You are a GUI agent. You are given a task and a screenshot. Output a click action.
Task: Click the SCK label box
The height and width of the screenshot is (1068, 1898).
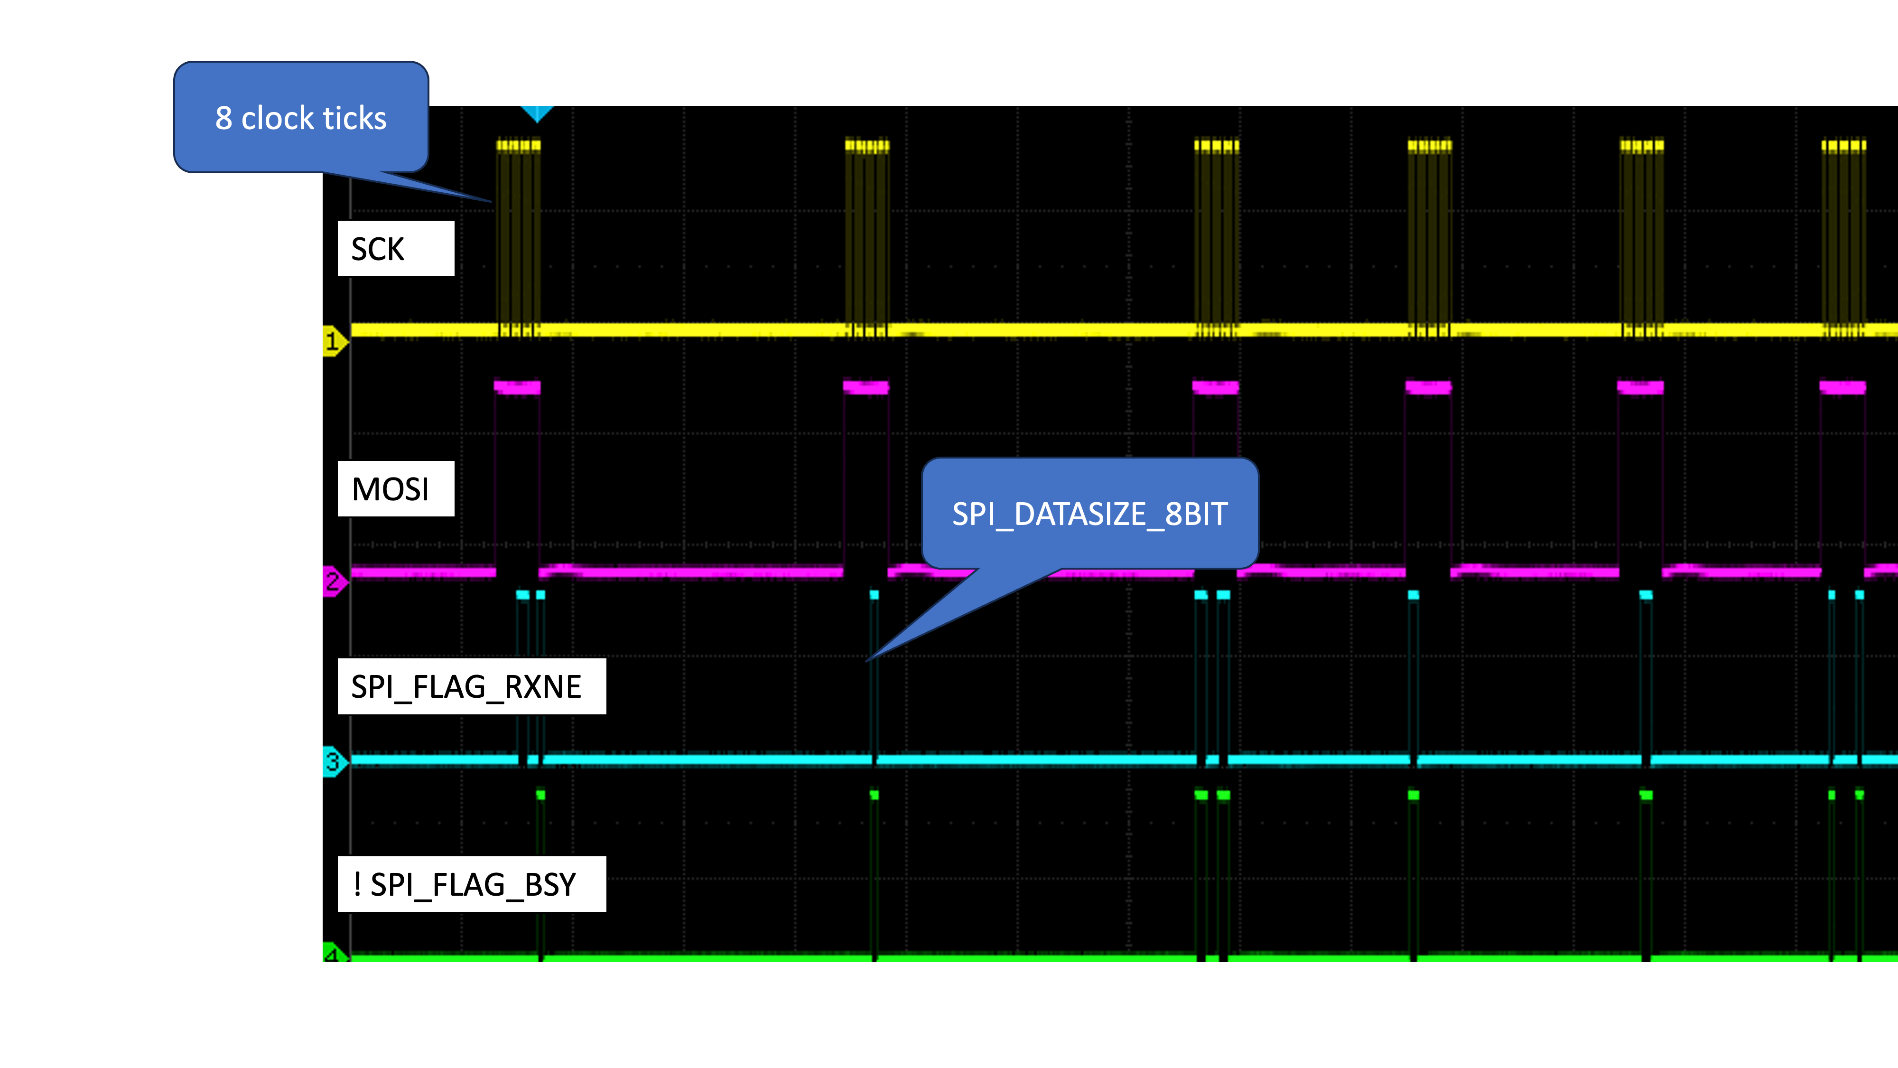coord(396,248)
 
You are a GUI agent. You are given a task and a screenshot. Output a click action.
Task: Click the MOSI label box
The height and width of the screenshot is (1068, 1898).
coord(396,489)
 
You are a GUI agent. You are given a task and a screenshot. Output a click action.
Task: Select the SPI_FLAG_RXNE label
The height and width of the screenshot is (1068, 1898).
coord(472,686)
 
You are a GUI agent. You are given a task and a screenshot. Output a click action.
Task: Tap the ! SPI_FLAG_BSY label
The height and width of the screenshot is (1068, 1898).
coord(472,884)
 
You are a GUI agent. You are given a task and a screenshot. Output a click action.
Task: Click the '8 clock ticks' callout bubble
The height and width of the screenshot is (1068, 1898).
coord(301,118)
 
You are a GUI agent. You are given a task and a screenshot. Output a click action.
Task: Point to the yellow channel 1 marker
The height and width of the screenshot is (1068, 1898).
coord(334,341)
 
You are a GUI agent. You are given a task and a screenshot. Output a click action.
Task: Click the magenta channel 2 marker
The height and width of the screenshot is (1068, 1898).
coord(334,581)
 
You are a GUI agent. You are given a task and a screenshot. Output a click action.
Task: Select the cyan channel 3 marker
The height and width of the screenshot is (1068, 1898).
coord(334,761)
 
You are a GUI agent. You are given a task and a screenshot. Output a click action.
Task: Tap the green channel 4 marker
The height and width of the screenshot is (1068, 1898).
coord(332,955)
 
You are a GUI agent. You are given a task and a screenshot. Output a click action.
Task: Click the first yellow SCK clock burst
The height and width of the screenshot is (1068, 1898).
coord(519,236)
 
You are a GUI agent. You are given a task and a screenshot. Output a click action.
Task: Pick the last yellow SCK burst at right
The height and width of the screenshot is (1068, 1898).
coord(1843,236)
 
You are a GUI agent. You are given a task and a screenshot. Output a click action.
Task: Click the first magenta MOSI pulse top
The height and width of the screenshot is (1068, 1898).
coord(517,387)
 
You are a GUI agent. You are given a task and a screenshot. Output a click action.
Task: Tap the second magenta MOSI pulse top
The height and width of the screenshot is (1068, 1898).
coord(866,387)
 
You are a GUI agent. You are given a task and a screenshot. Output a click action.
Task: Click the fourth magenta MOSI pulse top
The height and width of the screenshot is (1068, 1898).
coord(1428,387)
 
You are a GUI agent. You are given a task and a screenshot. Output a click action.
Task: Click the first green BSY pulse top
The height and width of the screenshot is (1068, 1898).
coord(541,795)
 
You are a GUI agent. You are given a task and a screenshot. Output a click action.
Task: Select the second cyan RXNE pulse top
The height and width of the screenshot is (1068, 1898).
coord(541,594)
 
